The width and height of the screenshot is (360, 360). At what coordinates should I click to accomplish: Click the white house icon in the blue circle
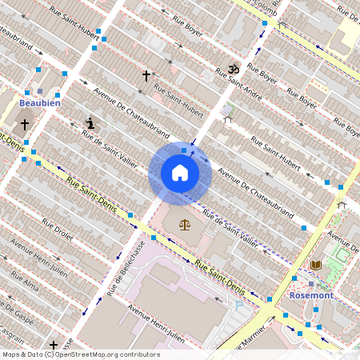point(180,173)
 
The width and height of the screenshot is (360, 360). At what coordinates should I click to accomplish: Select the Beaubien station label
point(40,103)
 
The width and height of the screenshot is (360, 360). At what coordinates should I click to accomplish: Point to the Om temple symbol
point(234,70)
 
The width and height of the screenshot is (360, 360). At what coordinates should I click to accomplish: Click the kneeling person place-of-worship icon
point(90,123)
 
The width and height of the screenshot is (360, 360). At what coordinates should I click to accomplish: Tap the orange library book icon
point(315,265)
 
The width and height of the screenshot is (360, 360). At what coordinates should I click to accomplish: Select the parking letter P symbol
point(238,305)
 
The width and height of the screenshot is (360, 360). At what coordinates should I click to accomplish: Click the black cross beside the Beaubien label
point(25,125)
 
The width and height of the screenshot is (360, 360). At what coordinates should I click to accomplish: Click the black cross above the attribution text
point(53,345)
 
